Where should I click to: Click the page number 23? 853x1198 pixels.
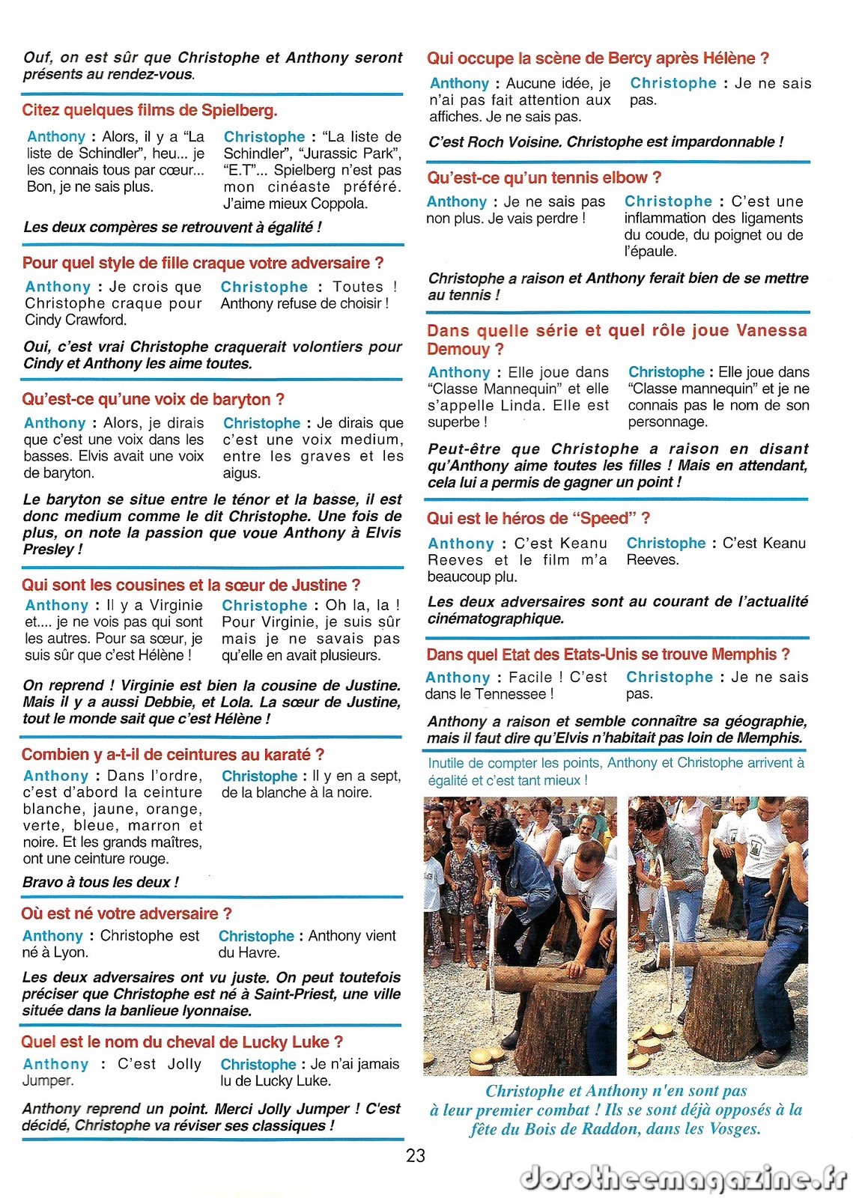click(x=416, y=1155)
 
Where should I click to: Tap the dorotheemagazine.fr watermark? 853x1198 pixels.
click(x=683, y=1178)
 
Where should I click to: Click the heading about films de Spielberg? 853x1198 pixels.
click(x=150, y=110)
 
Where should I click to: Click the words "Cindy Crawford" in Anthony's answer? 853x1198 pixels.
click(x=76, y=320)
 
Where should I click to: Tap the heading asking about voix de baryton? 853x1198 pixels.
click(x=153, y=399)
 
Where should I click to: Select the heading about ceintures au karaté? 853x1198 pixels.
click(x=172, y=754)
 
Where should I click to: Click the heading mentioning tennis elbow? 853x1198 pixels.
click(x=544, y=177)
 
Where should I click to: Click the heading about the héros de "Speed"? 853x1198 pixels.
click(x=538, y=518)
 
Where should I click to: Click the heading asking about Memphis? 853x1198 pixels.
click(x=607, y=654)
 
